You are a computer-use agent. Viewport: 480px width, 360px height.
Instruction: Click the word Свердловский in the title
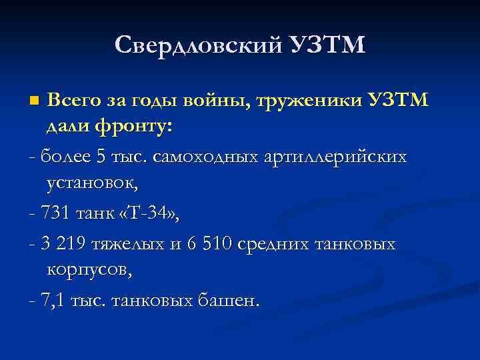(x=198, y=45)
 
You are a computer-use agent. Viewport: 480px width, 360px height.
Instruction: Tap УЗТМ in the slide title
(x=329, y=45)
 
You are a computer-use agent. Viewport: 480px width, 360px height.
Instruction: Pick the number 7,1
(x=53, y=301)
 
